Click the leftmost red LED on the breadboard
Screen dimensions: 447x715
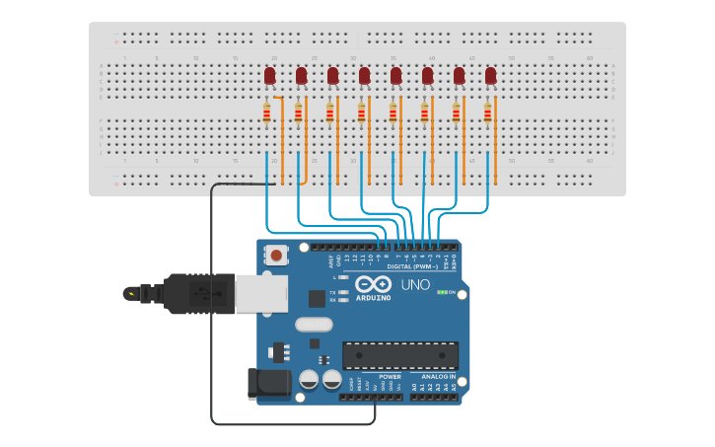[269, 76]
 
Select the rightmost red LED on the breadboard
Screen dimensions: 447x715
[490, 76]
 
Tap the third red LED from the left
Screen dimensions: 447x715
[332, 76]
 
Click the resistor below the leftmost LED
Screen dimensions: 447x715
[267, 113]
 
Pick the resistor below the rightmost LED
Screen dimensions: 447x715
[487, 113]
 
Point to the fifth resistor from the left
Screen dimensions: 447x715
[393, 113]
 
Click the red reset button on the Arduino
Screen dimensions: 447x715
[276, 256]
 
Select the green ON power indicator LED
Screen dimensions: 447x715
[441, 292]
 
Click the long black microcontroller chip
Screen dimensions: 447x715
[399, 355]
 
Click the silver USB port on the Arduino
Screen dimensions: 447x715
[261, 293]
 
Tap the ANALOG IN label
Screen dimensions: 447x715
[438, 377]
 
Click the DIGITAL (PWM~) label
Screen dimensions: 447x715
[413, 266]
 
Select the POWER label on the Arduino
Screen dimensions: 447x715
[390, 377]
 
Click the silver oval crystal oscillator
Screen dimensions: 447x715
[314, 324]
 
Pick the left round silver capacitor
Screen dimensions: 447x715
[309, 379]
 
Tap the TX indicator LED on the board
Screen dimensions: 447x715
[342, 293]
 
